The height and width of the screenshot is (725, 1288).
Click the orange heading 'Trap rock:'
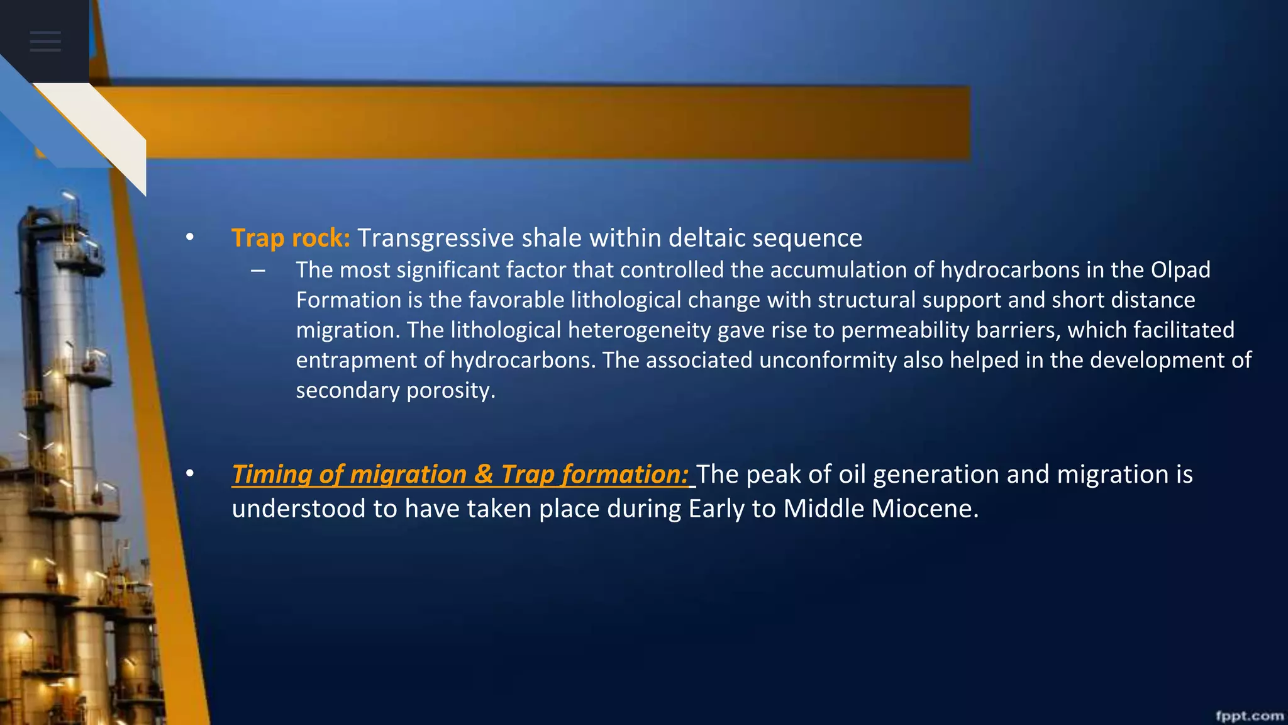pyautogui.click(x=291, y=239)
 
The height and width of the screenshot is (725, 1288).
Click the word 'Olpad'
pyautogui.click(x=1180, y=270)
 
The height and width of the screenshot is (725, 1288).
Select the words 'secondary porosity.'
pyautogui.click(x=396, y=391)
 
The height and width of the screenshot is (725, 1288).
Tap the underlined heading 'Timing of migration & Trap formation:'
pyautogui.click(x=460, y=475)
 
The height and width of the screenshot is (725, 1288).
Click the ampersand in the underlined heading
pyautogui.click(x=484, y=475)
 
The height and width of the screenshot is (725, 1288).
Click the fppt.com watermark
pyautogui.click(x=1249, y=716)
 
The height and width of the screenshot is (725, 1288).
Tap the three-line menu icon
pyautogui.click(x=45, y=42)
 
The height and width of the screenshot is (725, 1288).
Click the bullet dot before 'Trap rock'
pyautogui.click(x=190, y=238)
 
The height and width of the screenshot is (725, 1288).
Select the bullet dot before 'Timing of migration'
pyautogui.click(x=190, y=474)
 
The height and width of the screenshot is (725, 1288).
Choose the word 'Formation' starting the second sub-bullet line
pyautogui.click(x=348, y=300)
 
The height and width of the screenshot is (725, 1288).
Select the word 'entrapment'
pyautogui.click(x=355, y=361)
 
